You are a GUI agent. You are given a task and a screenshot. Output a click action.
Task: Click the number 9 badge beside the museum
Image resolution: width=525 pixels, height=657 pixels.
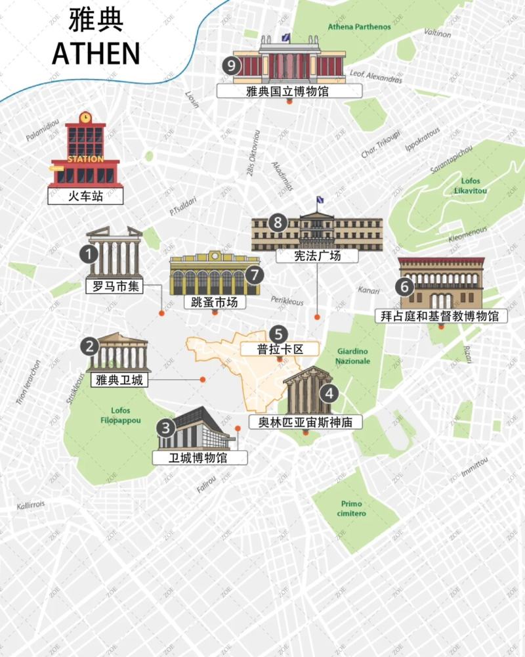point(230,65)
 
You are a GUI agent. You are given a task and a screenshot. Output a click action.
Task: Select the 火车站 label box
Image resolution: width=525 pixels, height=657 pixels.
point(86,195)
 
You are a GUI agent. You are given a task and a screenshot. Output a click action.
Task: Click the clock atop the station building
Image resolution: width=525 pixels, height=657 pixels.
point(85,118)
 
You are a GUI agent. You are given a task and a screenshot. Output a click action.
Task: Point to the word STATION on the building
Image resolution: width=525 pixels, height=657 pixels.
point(85,159)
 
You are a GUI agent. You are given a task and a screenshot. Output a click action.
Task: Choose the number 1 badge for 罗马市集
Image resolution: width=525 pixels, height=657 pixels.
point(86,254)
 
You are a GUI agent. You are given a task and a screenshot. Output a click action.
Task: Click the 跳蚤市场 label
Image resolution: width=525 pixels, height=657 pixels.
point(214,302)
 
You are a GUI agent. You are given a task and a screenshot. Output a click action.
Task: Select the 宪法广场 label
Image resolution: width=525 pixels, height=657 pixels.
point(318,256)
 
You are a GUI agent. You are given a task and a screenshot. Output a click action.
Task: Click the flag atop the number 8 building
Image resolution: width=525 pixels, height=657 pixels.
point(320,200)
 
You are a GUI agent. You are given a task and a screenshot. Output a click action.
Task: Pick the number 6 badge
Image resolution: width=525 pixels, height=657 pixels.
point(405,286)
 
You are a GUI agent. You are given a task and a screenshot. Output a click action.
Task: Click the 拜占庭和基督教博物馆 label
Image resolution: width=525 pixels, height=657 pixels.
point(440,315)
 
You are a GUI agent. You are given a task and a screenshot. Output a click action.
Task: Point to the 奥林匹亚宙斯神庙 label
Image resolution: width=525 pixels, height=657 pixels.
point(306,422)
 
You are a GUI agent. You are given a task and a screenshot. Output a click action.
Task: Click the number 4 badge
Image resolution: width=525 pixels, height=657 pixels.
point(329,394)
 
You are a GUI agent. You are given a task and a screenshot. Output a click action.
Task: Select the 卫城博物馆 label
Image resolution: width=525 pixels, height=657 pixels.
point(199,457)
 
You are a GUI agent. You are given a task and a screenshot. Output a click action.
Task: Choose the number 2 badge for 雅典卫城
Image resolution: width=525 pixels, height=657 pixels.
point(89,346)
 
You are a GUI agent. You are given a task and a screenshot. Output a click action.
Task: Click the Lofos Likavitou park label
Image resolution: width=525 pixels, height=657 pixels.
point(471,186)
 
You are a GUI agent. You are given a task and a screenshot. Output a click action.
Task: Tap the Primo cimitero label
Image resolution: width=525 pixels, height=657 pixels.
point(352,509)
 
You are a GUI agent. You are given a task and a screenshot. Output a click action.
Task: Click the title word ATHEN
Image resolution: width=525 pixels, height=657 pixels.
point(96,53)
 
